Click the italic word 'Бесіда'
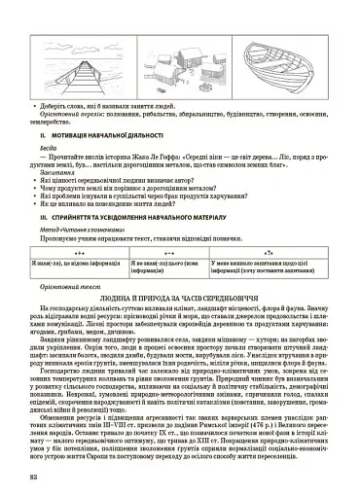tap(38, 151)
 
